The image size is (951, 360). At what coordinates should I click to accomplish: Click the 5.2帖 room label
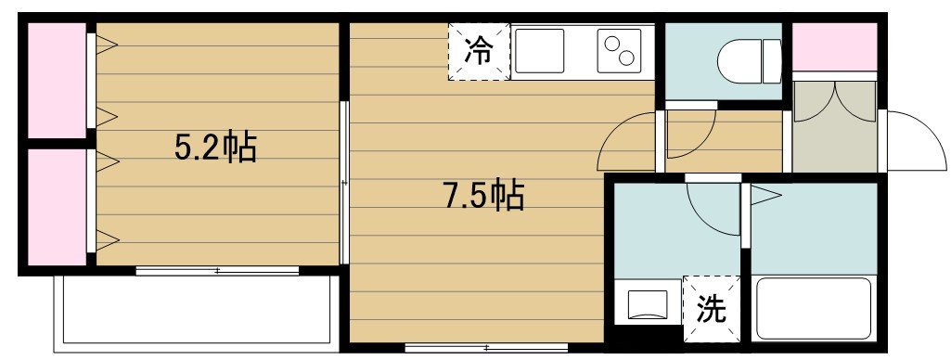(215, 148)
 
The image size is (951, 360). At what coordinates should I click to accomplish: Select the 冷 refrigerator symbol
(479, 51)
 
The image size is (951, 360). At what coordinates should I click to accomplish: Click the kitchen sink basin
(540, 50)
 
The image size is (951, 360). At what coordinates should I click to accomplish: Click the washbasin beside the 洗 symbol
(647, 305)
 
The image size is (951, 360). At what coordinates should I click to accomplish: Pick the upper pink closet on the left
(57, 80)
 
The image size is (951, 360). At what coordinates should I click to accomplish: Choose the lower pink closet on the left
(57, 206)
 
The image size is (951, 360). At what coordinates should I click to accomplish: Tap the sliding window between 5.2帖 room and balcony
(217, 271)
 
